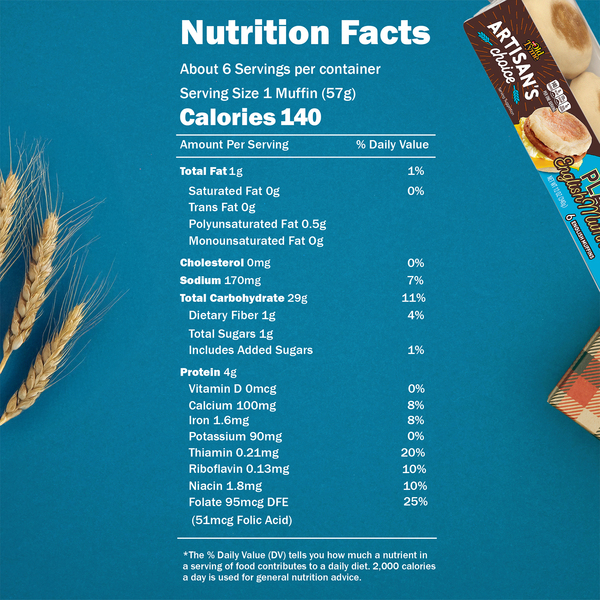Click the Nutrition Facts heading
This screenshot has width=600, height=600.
(x=305, y=33)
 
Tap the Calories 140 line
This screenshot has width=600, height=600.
(x=250, y=117)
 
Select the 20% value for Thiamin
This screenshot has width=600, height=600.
(x=413, y=453)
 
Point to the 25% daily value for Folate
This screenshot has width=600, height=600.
(x=415, y=502)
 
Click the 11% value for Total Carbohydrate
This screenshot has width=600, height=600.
(x=413, y=298)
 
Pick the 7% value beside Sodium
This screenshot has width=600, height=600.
(x=416, y=280)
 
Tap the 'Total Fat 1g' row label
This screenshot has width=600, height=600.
(x=211, y=171)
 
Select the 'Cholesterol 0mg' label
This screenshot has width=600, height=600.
(x=225, y=263)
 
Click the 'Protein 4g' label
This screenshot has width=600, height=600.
(x=208, y=372)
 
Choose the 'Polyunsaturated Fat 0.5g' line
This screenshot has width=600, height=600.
(x=257, y=224)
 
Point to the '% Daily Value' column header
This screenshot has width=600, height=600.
(x=392, y=145)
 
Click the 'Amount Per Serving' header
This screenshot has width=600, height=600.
(x=234, y=145)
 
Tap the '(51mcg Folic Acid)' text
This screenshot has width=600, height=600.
(x=241, y=520)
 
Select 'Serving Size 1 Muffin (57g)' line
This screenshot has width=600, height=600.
(x=268, y=94)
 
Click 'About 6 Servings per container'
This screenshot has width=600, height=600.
(x=280, y=69)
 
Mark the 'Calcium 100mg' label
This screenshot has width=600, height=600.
(x=232, y=406)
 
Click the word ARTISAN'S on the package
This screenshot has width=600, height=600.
(x=513, y=60)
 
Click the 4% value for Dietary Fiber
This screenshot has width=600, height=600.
(x=416, y=315)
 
